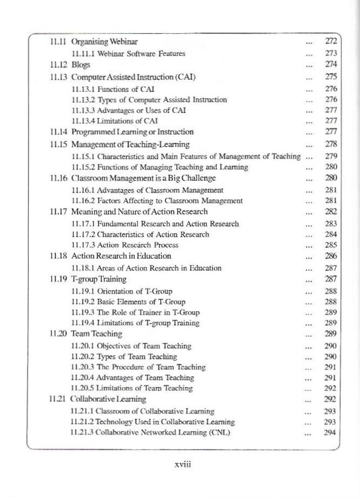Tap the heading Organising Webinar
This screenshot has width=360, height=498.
click(105, 41)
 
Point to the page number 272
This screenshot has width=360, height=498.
click(331, 41)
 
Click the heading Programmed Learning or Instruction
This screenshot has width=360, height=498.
click(132, 132)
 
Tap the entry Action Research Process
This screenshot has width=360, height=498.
click(125, 245)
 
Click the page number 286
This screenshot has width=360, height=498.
click(331, 256)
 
